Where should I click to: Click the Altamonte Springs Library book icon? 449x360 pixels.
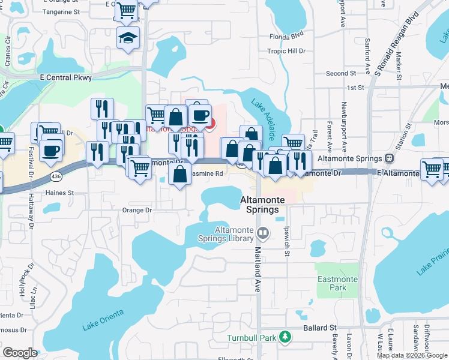tap(262, 232)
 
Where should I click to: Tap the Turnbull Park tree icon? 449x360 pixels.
tap(283, 337)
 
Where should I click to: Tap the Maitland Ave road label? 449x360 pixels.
tap(258, 271)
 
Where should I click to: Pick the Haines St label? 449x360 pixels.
tap(60, 193)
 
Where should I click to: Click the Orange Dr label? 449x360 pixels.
tap(137, 210)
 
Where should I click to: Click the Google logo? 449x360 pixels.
tap(20, 353)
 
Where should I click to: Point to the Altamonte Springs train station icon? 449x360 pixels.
tap(389, 159)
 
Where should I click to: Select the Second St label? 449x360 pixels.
tap(341, 74)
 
